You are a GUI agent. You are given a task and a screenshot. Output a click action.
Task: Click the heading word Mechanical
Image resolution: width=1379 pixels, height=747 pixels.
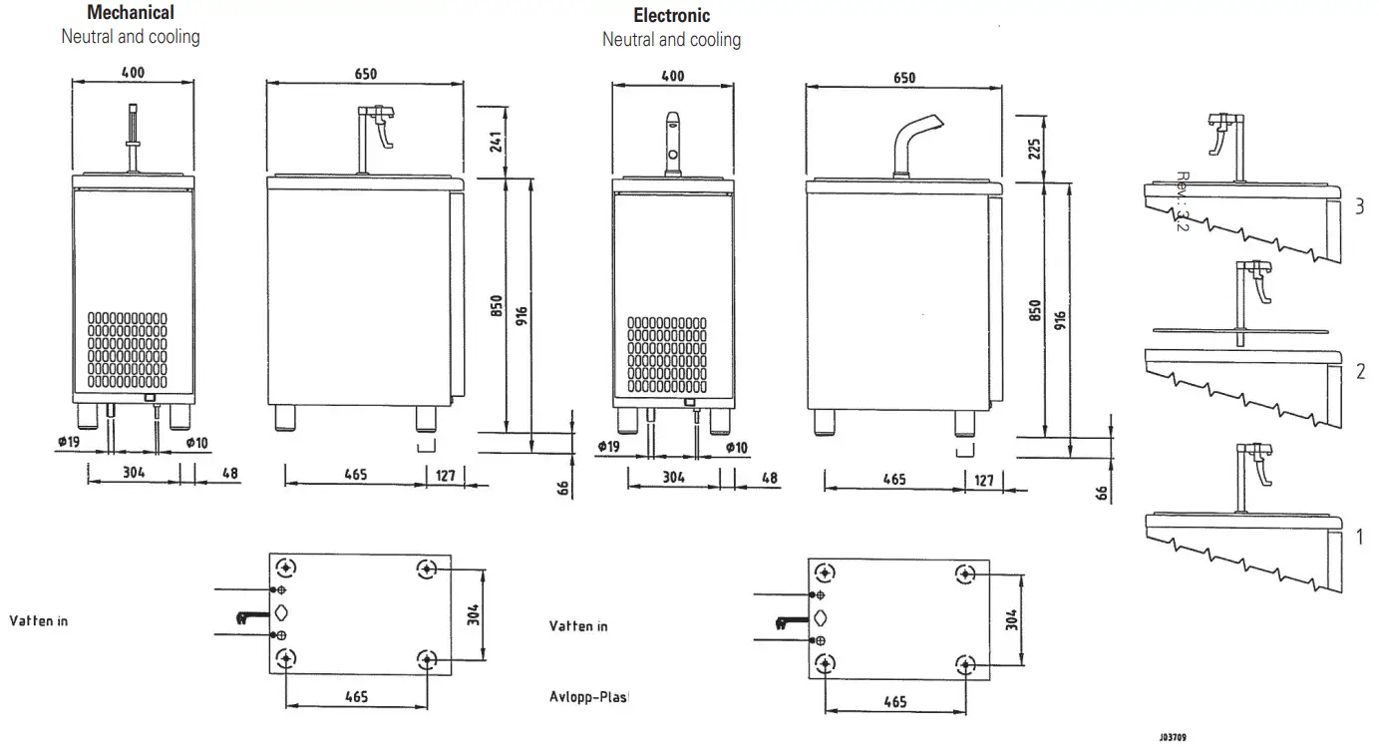[x=131, y=13]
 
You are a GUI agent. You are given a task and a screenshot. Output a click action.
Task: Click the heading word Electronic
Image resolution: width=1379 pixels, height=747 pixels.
[x=671, y=16]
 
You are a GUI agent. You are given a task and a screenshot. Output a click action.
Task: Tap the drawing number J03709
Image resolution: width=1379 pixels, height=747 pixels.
[x=1172, y=738]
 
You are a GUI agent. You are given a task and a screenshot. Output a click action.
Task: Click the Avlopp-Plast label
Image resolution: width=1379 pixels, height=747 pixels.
[x=591, y=696]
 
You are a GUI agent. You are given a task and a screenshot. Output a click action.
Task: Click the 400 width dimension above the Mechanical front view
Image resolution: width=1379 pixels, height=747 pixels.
[x=133, y=72]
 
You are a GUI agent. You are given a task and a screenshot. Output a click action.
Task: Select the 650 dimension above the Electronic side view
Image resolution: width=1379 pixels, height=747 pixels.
[x=903, y=78]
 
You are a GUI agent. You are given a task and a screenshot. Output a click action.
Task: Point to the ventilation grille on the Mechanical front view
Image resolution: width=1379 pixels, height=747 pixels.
[x=127, y=349]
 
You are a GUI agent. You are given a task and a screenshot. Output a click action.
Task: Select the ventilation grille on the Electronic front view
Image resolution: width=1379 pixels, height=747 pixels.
[x=667, y=354]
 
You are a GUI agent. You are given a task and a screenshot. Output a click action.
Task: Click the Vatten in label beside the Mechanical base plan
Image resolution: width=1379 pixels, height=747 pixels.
[x=39, y=620]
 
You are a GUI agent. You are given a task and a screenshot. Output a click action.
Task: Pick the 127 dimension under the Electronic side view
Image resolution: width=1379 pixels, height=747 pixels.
[x=983, y=480]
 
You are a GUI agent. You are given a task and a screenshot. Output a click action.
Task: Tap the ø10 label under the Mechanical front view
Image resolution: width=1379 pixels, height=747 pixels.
[x=195, y=442]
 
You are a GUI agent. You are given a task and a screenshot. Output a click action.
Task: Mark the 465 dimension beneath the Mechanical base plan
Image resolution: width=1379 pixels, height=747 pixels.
[x=356, y=696]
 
